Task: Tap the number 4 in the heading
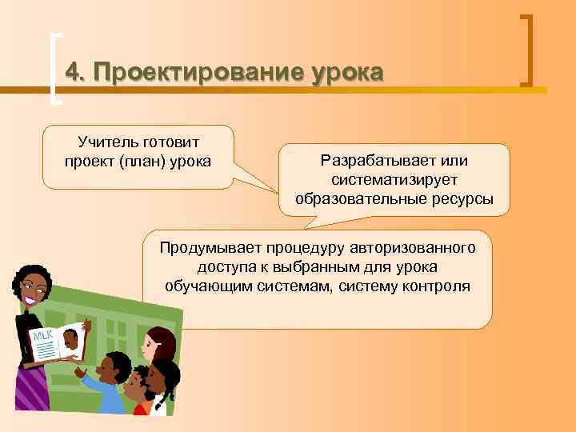click(73, 72)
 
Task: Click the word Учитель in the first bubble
click(108, 142)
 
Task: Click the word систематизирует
click(394, 180)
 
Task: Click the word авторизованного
click(413, 247)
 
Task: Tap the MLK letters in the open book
click(42, 335)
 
